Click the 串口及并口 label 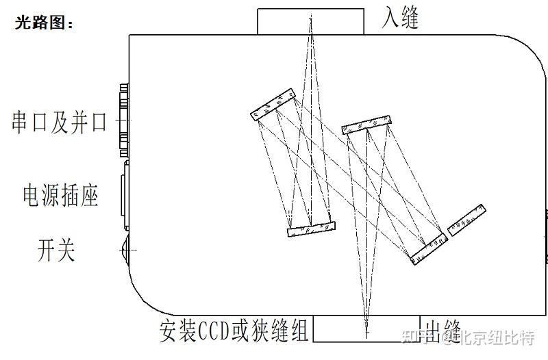60,123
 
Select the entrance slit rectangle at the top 310,21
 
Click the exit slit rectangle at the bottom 366,329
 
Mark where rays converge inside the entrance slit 310,21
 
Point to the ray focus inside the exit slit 366,331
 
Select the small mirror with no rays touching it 466,218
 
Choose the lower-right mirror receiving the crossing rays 429,249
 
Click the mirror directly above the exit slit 367,123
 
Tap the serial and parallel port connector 124,120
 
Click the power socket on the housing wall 125,194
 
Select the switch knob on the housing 125,250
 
